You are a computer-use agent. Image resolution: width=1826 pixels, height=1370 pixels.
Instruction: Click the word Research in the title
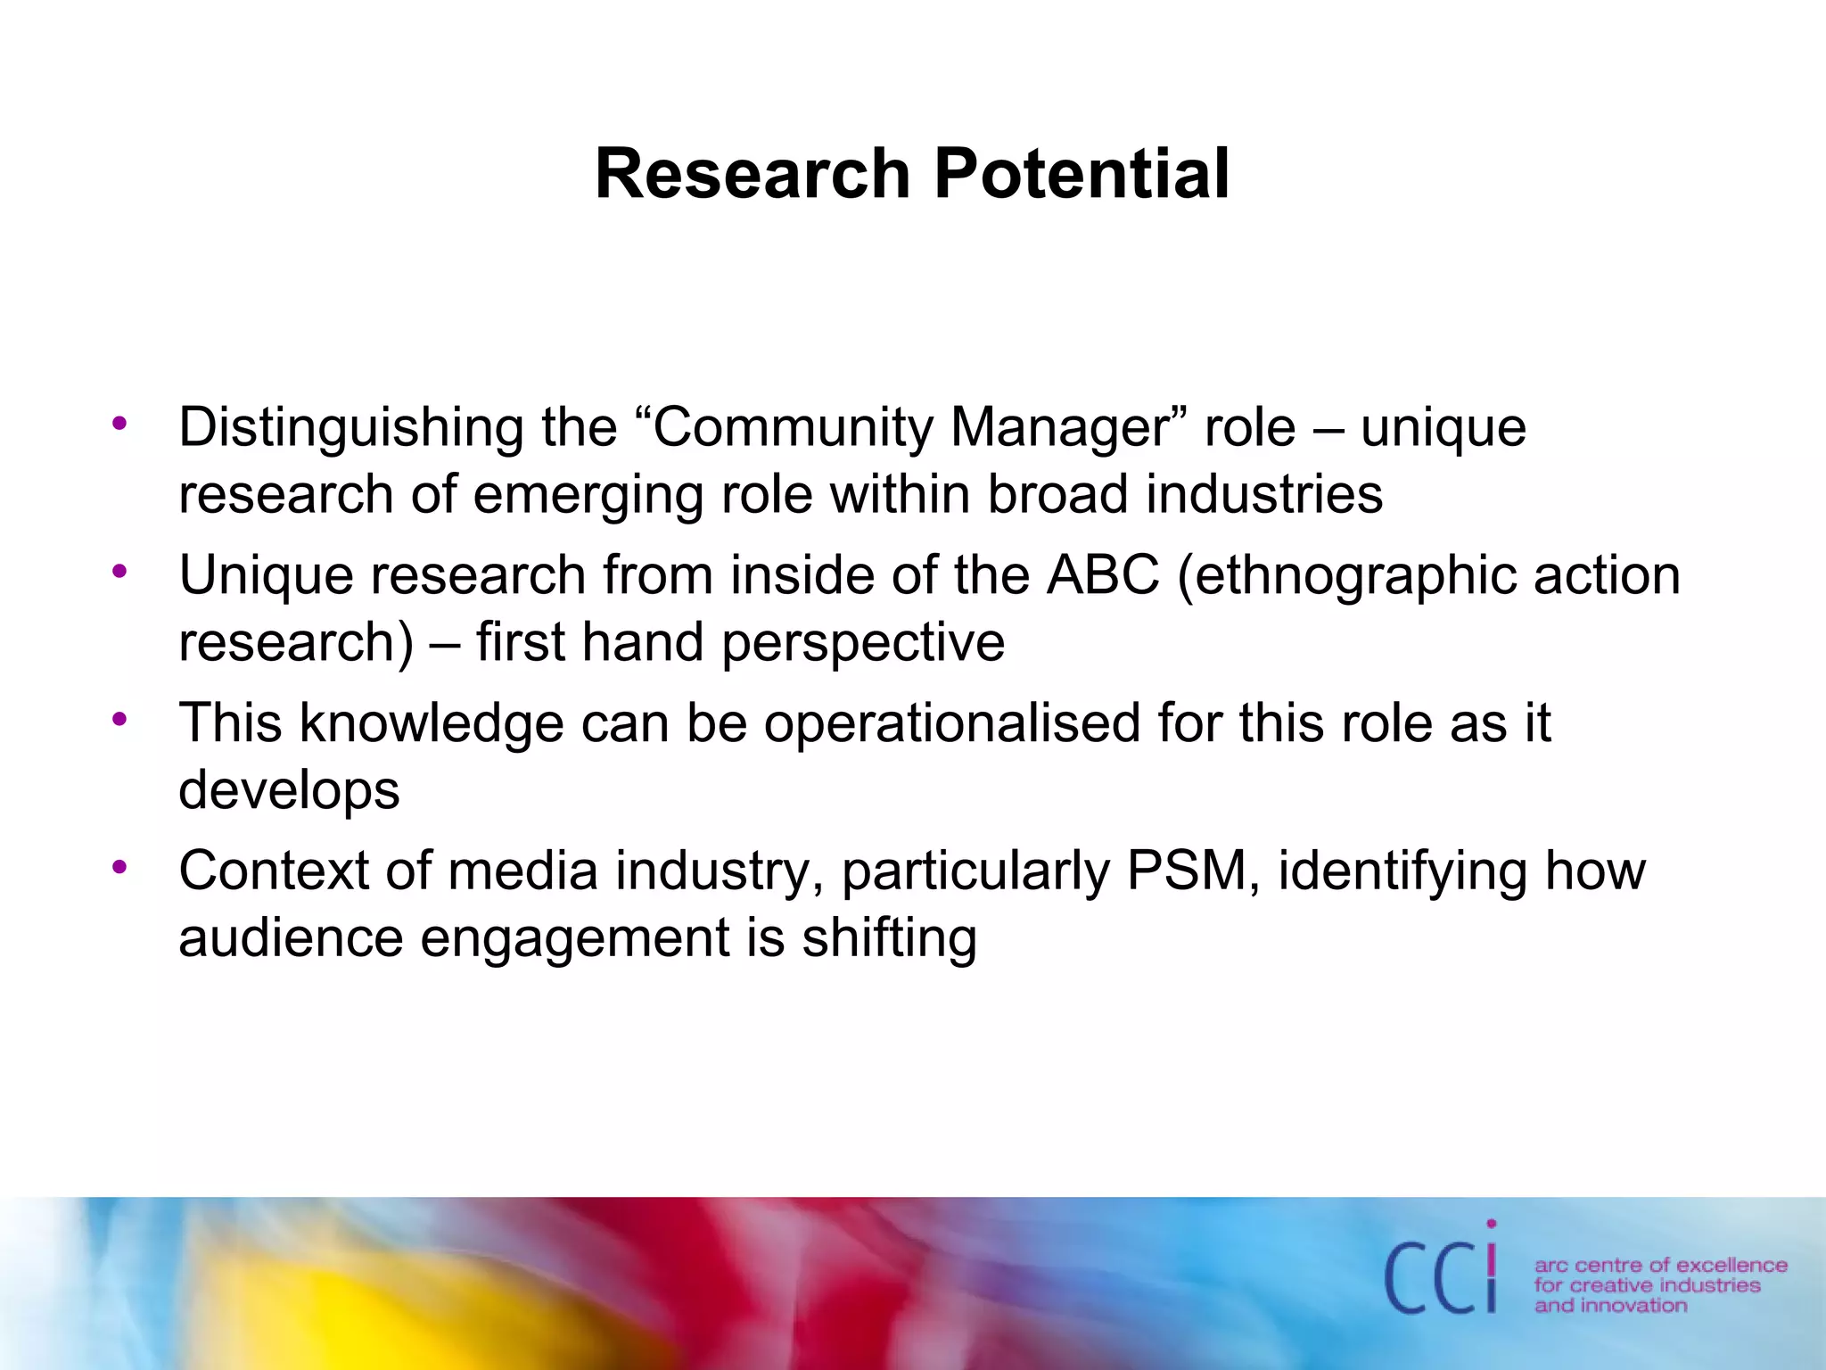752,174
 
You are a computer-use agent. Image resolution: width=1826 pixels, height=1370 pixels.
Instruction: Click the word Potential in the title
1082,174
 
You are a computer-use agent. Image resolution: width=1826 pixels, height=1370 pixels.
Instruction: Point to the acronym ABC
1103,575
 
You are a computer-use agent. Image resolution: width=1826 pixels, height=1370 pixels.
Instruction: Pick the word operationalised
952,724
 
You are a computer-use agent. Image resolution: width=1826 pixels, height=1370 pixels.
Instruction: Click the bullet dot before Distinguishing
120,422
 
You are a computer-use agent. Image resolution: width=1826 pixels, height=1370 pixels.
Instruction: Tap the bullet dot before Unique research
120,570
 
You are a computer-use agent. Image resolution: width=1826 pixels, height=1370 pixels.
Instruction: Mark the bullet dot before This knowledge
120,718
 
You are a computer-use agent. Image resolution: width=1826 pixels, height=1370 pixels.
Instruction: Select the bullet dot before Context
120,866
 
